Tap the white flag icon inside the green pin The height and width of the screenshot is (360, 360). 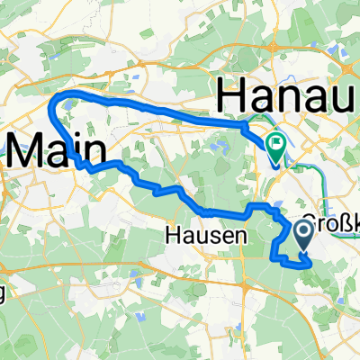(275, 141)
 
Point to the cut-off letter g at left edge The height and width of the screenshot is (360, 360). (3, 294)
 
